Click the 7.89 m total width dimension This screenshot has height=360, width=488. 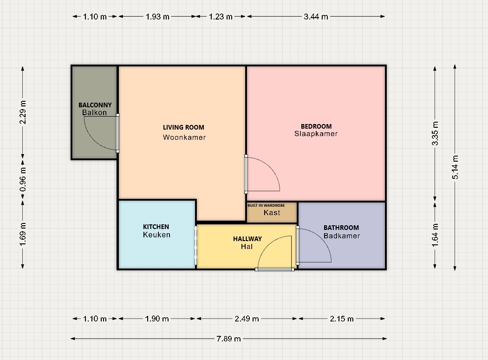[229, 339]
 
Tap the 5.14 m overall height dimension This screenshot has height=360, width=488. [455, 167]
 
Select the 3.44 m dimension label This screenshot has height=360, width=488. [316, 17]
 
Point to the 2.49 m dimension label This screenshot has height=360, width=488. [247, 319]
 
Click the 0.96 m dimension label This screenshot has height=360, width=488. [23, 180]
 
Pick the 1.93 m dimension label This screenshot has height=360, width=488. [157, 17]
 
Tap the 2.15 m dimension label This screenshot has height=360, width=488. [342, 319]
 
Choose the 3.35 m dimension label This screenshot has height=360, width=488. [435, 133]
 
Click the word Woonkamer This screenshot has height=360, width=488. [184, 137]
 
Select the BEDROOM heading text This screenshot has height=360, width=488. [316, 126]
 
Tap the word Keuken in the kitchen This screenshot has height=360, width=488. [156, 235]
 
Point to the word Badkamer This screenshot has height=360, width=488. [342, 236]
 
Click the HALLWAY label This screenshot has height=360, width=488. [247, 239]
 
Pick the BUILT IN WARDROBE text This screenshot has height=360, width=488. [266, 205]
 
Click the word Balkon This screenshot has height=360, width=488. [94, 112]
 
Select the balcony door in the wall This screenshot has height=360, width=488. [117, 133]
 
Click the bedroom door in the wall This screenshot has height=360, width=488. [246, 174]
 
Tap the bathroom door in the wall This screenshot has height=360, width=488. [298, 245]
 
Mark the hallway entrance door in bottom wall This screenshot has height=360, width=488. [274, 269]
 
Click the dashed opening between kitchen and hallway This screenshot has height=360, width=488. [196, 246]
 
